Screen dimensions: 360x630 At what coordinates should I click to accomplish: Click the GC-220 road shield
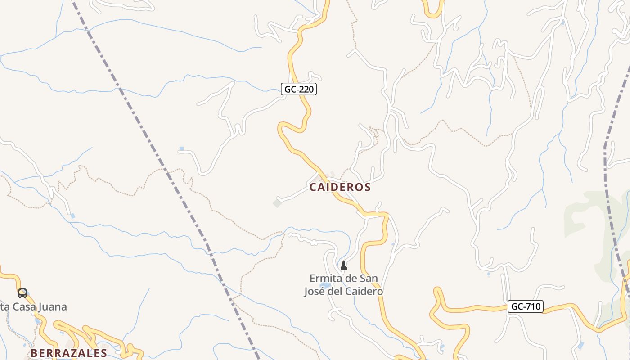point(299,89)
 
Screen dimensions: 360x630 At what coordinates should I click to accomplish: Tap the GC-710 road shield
point(526,307)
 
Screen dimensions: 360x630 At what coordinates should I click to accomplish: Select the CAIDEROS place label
point(340,187)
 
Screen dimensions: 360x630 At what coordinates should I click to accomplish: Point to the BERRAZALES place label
point(69,353)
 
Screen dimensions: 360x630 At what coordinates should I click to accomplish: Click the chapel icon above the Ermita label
point(344,265)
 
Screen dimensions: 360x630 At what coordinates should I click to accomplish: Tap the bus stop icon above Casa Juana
point(22,293)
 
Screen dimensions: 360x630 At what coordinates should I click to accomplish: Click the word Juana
point(53,307)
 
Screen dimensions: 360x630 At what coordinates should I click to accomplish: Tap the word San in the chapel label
point(369,279)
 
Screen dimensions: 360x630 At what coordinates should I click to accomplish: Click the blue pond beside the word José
point(325,285)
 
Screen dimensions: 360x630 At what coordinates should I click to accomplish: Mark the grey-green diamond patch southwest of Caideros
point(277,203)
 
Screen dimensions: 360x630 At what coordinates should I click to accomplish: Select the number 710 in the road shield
point(533,307)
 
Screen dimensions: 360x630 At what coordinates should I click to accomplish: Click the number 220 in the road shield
point(306,89)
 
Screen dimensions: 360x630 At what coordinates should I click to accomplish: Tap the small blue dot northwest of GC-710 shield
point(489,274)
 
